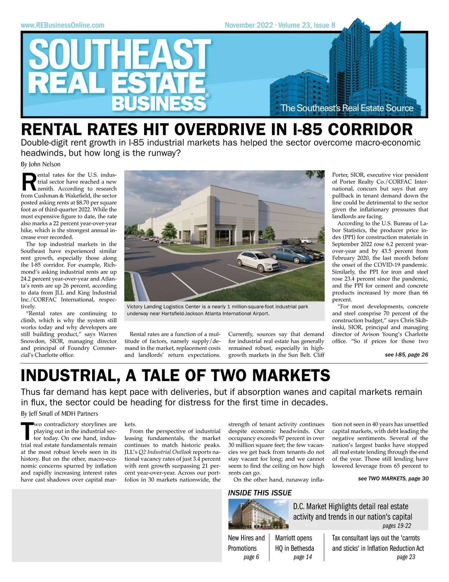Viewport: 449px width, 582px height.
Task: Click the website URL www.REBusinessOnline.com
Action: (62, 25)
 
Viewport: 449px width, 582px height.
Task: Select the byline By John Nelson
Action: (40, 164)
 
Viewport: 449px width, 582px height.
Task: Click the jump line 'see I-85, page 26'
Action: (406, 354)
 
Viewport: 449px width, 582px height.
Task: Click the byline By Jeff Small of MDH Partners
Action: (59, 414)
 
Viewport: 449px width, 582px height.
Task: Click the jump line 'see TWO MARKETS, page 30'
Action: (393, 478)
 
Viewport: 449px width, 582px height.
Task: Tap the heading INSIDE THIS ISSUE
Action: (260, 493)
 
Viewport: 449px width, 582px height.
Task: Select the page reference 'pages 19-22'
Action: (397, 525)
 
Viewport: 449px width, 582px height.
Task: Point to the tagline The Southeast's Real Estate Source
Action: (347, 109)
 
